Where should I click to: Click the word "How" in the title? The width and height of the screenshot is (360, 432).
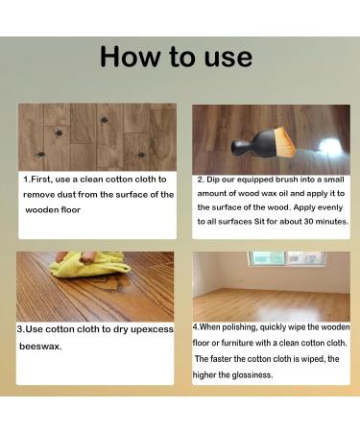[x=130, y=57]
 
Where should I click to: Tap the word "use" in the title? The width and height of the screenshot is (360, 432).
[x=228, y=59]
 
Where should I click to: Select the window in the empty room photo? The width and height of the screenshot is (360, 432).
[x=287, y=259]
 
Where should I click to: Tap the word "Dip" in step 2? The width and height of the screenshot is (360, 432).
[x=213, y=180]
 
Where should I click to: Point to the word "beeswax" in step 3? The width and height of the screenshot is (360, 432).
[x=40, y=347]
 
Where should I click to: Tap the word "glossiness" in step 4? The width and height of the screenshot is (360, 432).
[x=252, y=374]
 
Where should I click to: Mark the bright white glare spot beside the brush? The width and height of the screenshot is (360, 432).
[x=329, y=147]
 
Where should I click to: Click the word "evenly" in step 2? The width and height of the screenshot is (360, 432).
[x=330, y=207]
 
